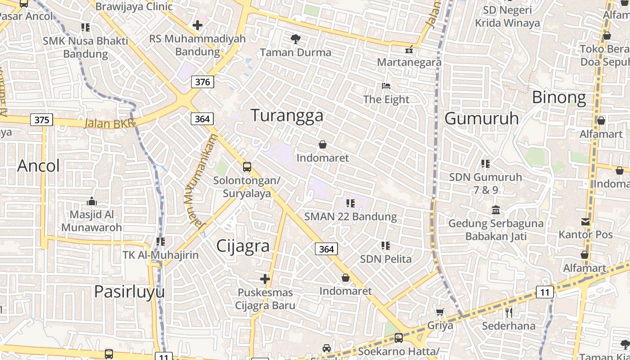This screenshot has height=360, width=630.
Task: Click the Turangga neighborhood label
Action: pos(287,116)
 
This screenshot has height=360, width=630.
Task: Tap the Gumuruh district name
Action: pos(481,118)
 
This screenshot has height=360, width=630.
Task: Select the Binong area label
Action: pos(559,97)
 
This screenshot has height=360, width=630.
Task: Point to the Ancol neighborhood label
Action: pos(38,166)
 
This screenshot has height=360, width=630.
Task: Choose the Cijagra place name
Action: pos(243,246)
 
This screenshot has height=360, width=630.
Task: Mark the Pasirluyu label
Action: pos(129,292)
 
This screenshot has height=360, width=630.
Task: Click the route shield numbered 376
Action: pos(202,82)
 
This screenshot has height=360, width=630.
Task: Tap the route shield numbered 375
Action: pos(42,120)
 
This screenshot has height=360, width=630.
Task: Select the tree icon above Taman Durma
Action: pos(295,39)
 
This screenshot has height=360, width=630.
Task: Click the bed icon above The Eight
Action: pos(386,86)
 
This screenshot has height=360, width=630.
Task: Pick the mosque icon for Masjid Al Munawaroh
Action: pos(92,201)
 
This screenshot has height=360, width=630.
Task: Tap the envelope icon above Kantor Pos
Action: pos(585,221)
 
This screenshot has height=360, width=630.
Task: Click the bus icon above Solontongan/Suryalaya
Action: pos(247,167)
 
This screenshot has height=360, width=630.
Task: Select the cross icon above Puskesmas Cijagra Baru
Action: pos(265,279)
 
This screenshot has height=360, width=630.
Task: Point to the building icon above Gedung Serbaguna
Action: pos(495,210)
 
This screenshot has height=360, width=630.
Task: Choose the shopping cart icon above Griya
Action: pos(440,312)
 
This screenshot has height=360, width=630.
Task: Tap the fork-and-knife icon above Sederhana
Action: pos(509,312)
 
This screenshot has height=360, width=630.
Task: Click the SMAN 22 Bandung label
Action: pos(351,216)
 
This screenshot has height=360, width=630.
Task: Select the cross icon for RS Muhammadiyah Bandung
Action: pos(197,25)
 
